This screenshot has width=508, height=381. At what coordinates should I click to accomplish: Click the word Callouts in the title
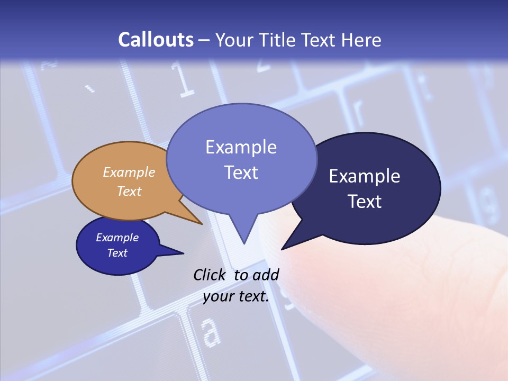(156, 40)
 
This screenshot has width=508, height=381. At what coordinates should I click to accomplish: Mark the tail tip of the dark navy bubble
(283, 248)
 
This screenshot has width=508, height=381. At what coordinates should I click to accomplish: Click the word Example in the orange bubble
(129, 172)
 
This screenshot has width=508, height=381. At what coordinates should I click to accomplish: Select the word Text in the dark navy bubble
(365, 201)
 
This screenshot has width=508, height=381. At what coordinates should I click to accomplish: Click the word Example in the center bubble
(241, 147)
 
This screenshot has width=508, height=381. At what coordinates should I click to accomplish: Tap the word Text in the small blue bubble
(117, 252)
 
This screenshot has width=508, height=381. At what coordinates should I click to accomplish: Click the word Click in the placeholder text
(209, 275)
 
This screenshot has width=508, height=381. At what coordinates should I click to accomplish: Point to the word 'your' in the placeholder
(219, 296)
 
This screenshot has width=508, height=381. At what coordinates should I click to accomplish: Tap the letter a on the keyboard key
(211, 332)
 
